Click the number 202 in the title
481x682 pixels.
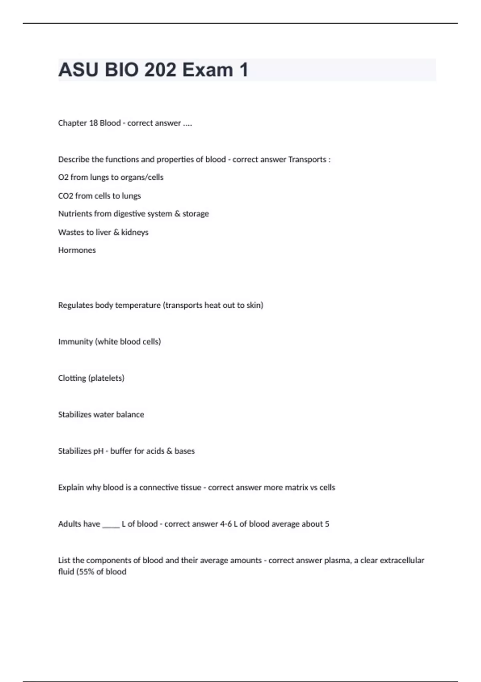coord(160,70)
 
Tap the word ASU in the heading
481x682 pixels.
coord(78,70)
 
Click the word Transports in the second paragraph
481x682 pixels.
coord(307,160)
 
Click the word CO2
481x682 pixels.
coord(66,196)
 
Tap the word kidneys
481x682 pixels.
coord(135,232)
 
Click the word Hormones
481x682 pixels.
coord(77,250)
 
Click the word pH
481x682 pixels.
coord(98,451)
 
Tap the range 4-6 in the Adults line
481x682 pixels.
coord(226,524)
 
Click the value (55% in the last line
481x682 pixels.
coord(85,572)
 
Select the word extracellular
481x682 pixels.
coord(402,560)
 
